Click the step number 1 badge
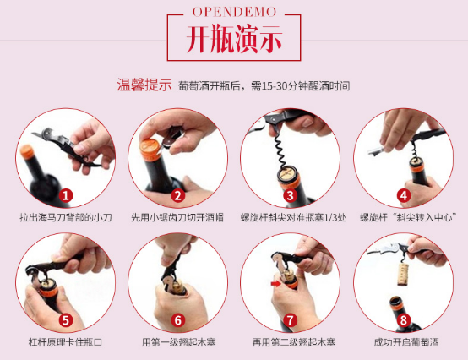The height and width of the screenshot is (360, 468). pyautogui.click(x=66, y=196)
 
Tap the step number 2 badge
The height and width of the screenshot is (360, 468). pyautogui.click(x=178, y=196)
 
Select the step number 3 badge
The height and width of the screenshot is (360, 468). pyautogui.click(x=290, y=196)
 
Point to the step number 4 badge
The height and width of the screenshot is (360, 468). pyautogui.click(x=404, y=196)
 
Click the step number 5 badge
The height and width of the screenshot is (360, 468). pyautogui.click(x=66, y=320)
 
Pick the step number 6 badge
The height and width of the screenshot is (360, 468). pyautogui.click(x=178, y=320)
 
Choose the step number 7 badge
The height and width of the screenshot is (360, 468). pyautogui.click(x=290, y=320)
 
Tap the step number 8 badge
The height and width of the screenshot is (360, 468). pyautogui.click(x=404, y=320)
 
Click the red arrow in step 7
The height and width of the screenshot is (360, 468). pyautogui.click(x=275, y=283)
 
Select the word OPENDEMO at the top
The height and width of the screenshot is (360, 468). pyautogui.click(x=234, y=12)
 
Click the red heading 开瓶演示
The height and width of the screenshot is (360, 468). pyautogui.click(x=234, y=39)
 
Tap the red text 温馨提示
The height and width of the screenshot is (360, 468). pyautogui.click(x=144, y=85)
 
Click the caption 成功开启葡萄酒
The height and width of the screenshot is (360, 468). pyautogui.click(x=406, y=342)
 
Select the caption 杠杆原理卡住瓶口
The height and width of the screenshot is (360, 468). pyautogui.click(x=65, y=342)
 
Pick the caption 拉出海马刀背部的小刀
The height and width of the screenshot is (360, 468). pyautogui.click(x=66, y=218)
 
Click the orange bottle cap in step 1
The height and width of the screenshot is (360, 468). pyautogui.click(x=27, y=151)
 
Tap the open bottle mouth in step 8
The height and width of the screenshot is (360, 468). pyautogui.click(x=395, y=301)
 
